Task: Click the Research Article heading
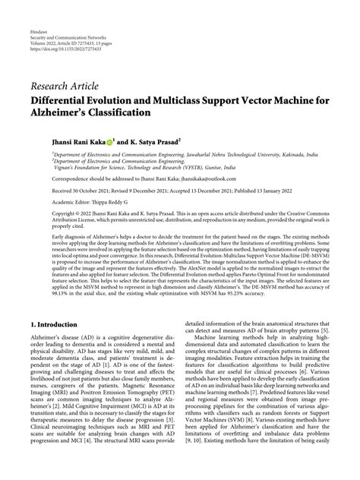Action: click(64, 84)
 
